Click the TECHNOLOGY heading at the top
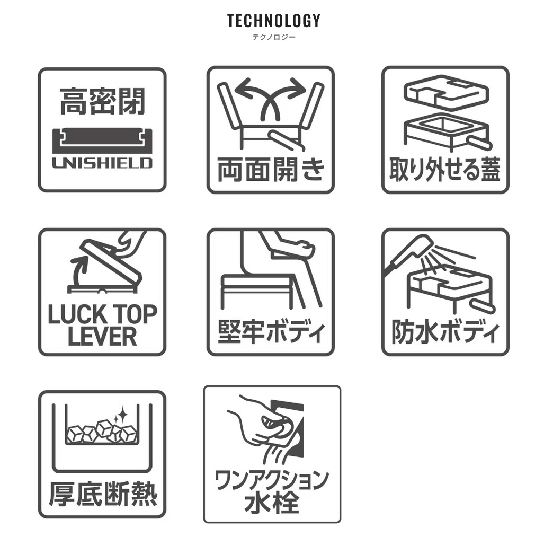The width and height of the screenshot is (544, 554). pos(273,21)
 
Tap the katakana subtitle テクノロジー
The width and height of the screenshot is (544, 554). pos(273,37)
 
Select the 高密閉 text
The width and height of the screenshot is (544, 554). pos(102,101)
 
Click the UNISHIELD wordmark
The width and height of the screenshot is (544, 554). pos(102,163)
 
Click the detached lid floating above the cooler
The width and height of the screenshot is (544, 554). pos(446,91)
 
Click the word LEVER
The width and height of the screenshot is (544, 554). pos(102,336)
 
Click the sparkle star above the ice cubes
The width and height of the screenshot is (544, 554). pos(122,414)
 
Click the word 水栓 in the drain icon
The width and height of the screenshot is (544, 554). pos(272,502)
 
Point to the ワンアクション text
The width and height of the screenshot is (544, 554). pos(272,480)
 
